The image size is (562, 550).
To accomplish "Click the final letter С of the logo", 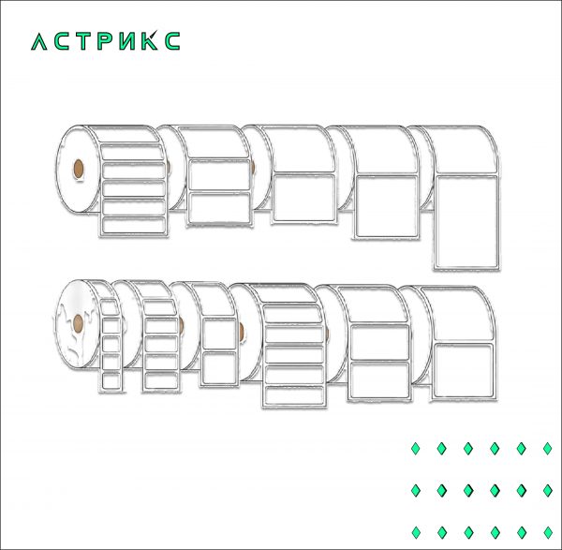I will click(173, 42).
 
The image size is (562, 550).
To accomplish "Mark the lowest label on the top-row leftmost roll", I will click(132, 225).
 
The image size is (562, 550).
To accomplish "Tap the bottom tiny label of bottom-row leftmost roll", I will click(110, 380).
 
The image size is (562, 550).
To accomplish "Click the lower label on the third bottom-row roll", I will click(218, 368).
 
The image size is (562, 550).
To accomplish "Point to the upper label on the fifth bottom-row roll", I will click(378, 343).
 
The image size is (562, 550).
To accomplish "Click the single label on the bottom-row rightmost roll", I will click(462, 366).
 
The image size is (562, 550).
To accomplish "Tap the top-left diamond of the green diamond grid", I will click(416, 449).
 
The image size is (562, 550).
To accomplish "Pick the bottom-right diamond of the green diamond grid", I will click(547, 531).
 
